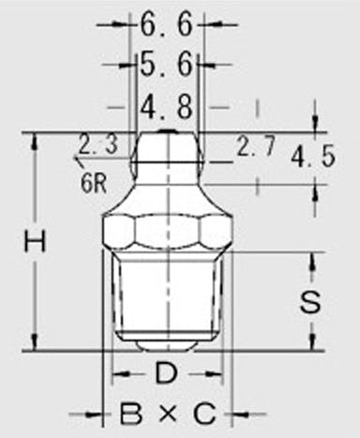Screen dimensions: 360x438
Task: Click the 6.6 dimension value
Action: pos(166,25)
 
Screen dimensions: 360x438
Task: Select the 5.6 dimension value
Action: pos(166,65)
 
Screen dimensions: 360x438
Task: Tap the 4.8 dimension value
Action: pos(166,107)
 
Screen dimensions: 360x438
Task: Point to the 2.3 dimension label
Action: pos(97,144)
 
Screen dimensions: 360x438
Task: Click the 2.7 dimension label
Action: pos(256,145)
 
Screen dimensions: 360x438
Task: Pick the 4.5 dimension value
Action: pos(313,157)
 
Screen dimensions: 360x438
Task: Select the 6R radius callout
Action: pos(94,184)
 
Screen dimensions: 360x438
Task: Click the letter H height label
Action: pos(36,241)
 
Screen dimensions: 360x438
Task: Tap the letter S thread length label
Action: pos(310,301)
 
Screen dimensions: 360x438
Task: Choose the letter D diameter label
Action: pos(166,372)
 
